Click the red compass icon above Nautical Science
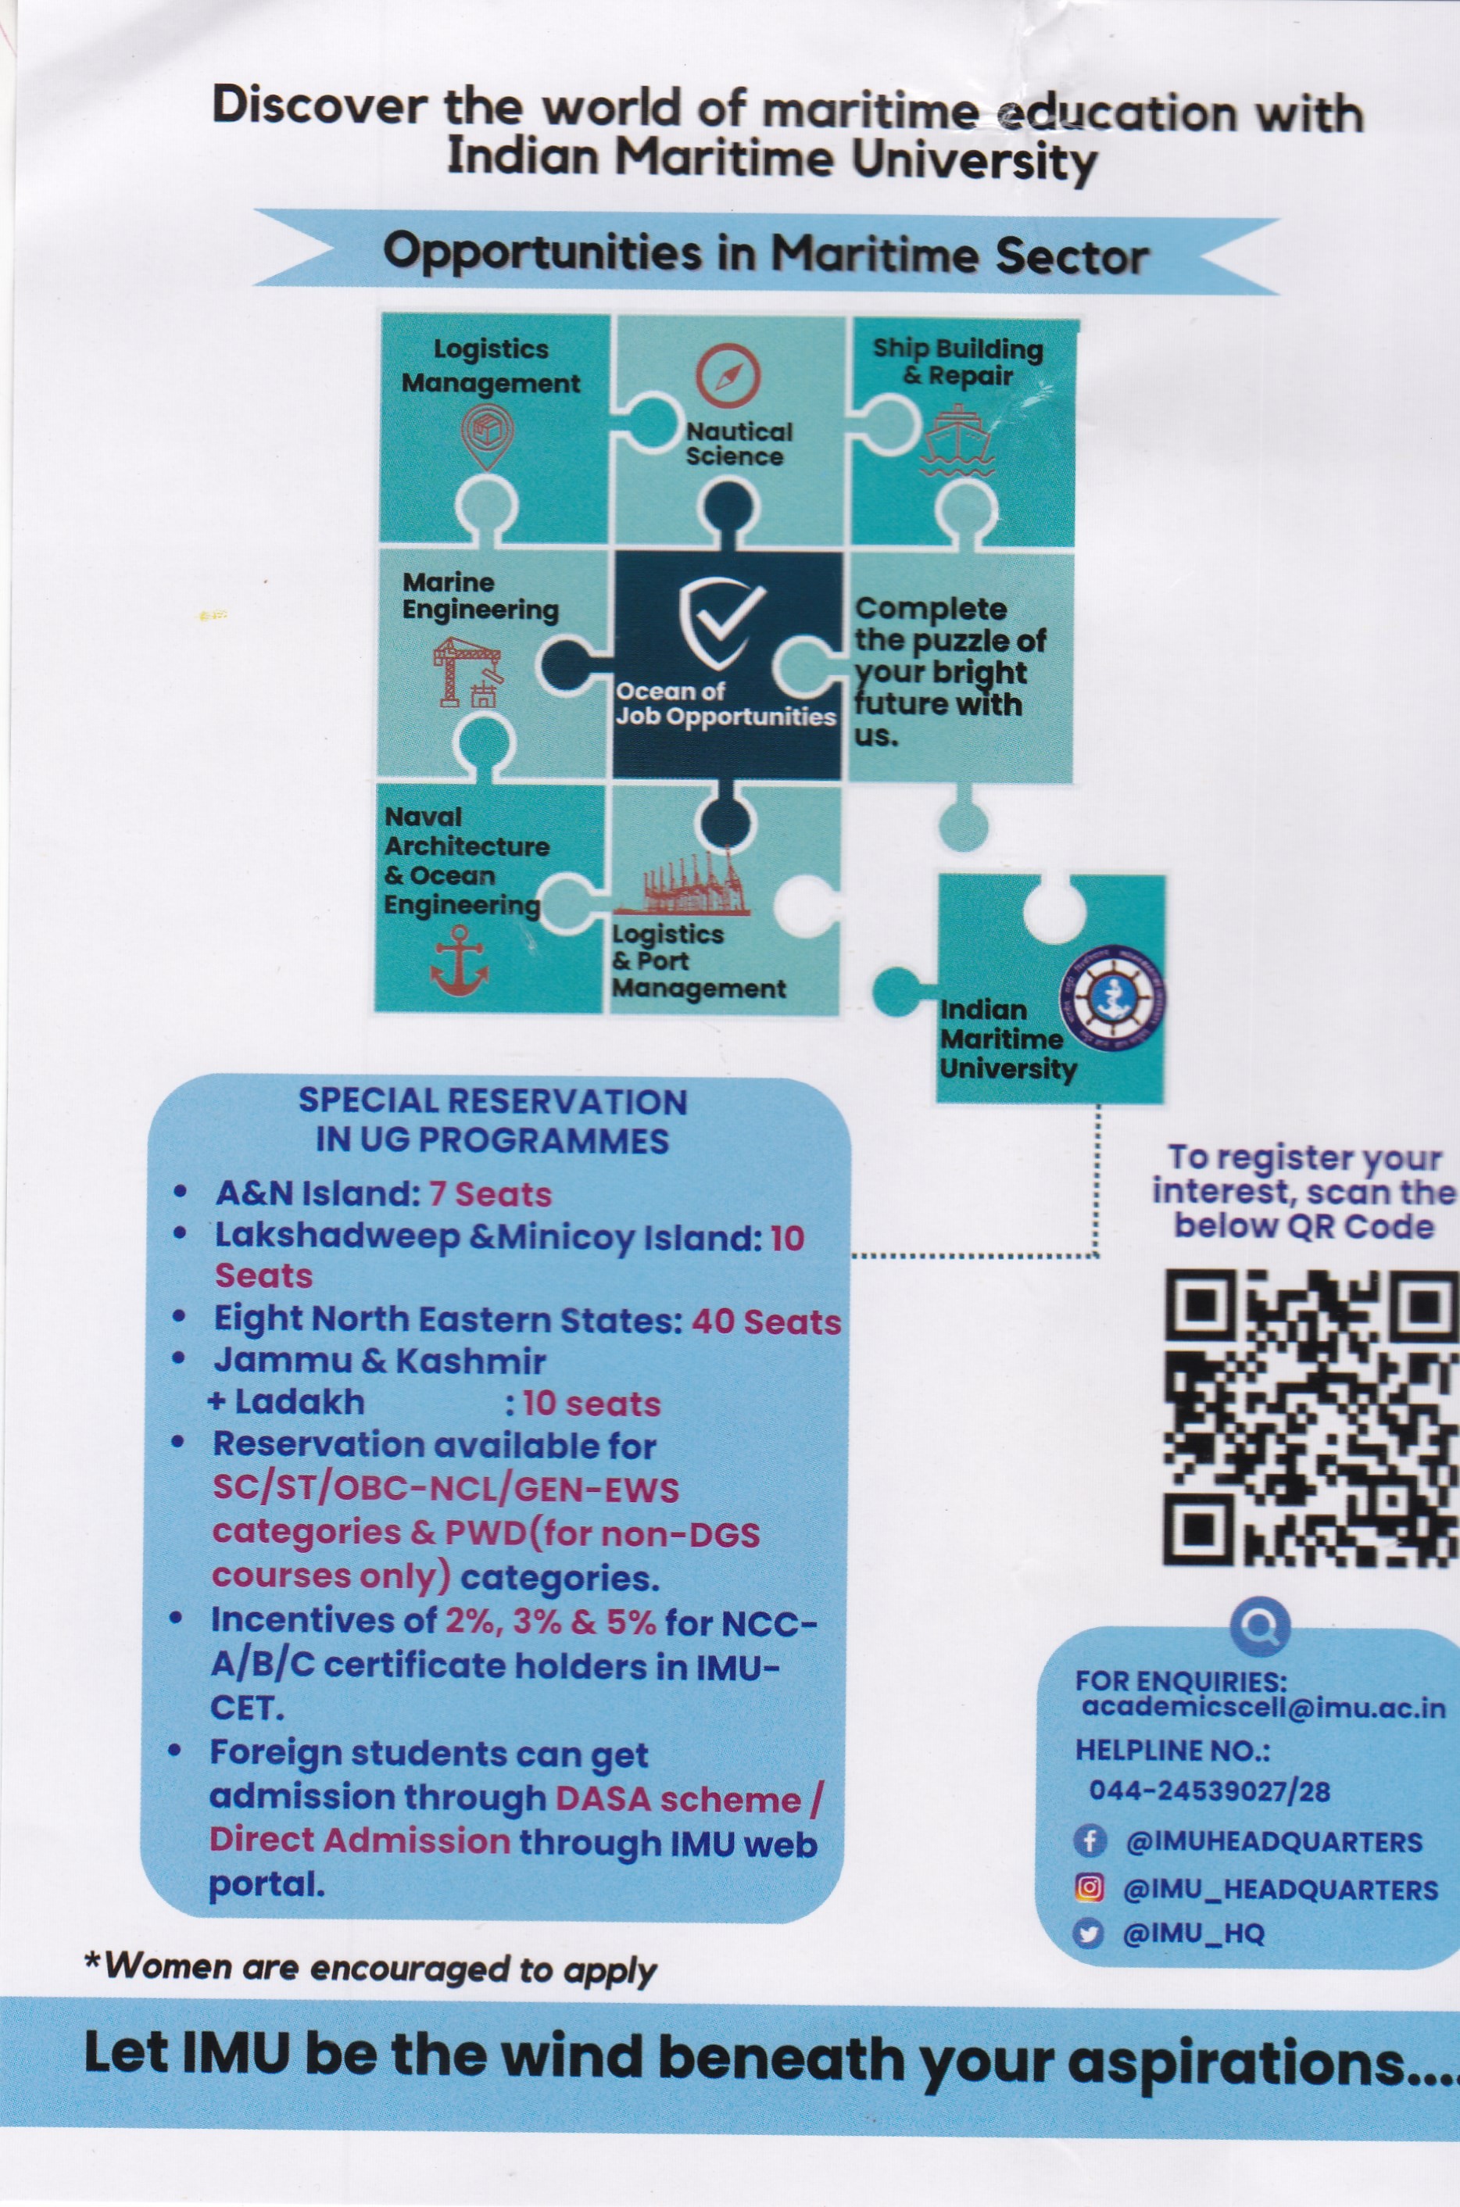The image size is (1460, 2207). tap(728, 375)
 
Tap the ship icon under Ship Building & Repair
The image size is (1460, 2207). tap(955, 442)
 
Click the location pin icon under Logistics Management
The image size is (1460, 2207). tap(487, 438)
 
